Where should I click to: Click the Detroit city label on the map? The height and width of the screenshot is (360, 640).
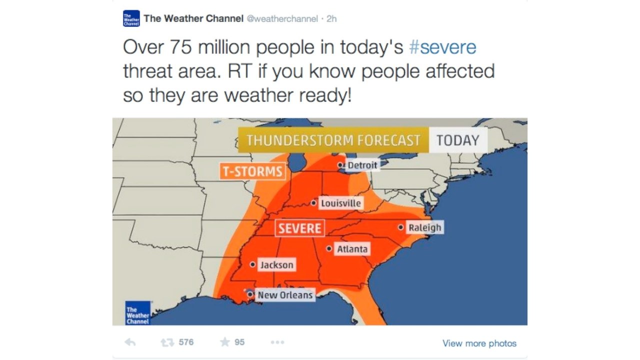point(362,165)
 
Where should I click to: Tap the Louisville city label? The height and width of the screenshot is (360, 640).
point(340,203)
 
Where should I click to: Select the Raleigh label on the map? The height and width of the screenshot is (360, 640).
point(425,228)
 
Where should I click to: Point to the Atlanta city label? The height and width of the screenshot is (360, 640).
point(352,249)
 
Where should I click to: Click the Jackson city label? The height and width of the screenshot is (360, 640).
point(276,265)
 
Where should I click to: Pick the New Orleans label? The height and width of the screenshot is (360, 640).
point(285,295)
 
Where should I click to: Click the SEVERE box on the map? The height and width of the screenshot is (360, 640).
point(299,228)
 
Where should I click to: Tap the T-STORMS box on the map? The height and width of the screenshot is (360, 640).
point(252,171)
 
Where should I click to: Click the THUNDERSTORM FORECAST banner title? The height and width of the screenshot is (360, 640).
point(333,140)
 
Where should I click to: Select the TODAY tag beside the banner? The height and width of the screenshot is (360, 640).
point(457,140)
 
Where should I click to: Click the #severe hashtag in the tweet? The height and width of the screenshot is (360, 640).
point(442,47)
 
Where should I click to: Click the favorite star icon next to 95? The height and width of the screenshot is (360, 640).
point(225,342)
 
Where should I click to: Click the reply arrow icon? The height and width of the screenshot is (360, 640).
point(130,342)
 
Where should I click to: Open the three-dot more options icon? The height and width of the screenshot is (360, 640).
point(277,342)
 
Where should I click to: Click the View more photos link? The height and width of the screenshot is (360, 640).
point(479,343)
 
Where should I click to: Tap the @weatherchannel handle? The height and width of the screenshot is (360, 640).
point(282,19)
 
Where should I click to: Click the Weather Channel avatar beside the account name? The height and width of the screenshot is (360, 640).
point(131,19)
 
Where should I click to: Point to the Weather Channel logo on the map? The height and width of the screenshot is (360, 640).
point(137,313)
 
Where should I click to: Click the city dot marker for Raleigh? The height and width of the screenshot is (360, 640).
point(400,227)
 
